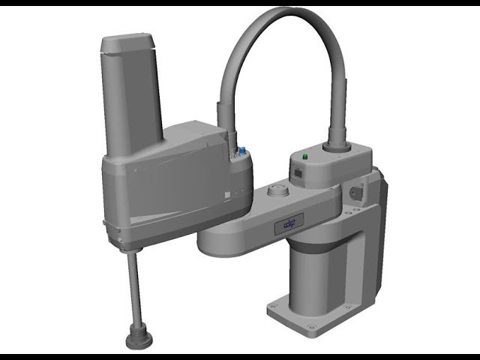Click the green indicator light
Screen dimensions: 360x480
[305, 157]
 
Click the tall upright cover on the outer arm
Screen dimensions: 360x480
[131, 97]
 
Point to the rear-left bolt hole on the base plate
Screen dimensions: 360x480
[274, 305]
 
